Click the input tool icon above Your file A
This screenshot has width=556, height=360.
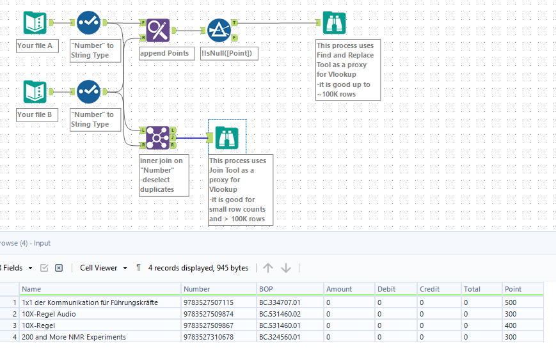[x=35, y=24]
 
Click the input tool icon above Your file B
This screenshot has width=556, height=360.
[x=35, y=92]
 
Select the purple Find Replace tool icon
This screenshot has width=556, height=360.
[x=157, y=29]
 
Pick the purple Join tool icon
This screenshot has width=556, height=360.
[x=157, y=137]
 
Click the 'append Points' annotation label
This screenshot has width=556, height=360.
[x=164, y=53]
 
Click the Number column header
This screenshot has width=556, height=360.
[x=196, y=289]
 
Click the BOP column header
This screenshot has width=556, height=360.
[x=266, y=289]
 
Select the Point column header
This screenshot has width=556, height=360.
[x=513, y=289]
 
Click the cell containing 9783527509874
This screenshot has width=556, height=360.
[x=209, y=314]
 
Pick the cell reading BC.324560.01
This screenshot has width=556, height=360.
[x=280, y=337]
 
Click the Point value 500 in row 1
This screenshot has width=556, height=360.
[x=510, y=302]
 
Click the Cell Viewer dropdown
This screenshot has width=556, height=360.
[x=103, y=268]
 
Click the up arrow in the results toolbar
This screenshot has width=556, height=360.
[x=268, y=268]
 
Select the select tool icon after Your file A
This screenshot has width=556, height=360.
[x=88, y=24]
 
